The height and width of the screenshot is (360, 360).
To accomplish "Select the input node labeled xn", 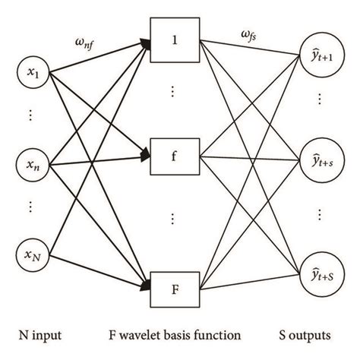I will [33, 163].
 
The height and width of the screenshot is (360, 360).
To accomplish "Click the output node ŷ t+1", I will [320, 55].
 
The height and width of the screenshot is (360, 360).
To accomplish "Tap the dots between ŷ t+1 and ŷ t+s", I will [320, 101].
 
